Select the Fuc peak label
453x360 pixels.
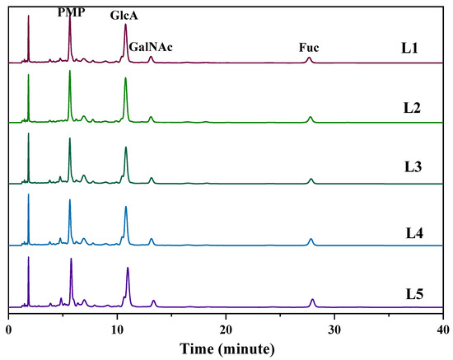(x=309, y=47)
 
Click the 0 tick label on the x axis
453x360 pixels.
(x=9, y=330)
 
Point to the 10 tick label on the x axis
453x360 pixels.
(x=117, y=330)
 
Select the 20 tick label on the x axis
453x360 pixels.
(x=226, y=330)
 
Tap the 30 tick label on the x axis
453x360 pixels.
(x=334, y=330)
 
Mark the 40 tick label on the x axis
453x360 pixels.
(x=441, y=330)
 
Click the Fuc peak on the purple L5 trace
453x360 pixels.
(x=312, y=302)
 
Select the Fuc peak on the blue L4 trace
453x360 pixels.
(x=311, y=241)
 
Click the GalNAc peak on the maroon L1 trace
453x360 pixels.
(x=151, y=58)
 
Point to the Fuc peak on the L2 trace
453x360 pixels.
(x=310, y=119)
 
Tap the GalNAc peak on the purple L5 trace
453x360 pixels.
(x=153, y=302)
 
